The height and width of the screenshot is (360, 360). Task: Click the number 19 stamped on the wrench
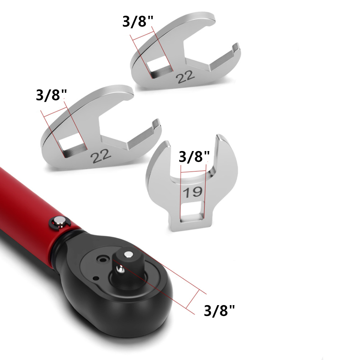[193, 192]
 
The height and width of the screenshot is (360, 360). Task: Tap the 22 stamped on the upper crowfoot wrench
[185, 77]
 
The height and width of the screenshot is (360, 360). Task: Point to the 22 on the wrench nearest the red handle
[101, 156]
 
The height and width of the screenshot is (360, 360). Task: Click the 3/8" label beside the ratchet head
[219, 310]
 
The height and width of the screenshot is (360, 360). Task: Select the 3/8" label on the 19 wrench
[194, 157]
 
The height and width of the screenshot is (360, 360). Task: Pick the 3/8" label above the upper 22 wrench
[138, 21]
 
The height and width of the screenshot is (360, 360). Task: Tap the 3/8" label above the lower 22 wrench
[51, 95]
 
